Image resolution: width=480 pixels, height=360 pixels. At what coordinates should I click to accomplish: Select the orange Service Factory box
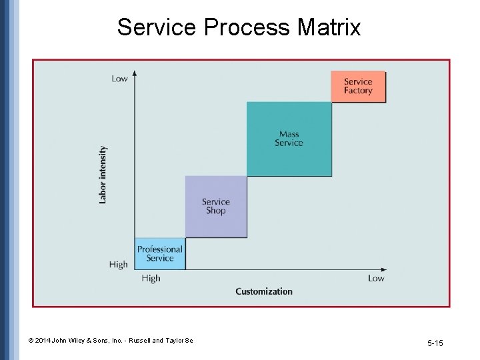358,86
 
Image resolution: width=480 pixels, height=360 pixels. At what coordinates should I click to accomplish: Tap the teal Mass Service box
289,139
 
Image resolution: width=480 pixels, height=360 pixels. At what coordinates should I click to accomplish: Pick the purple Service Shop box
215,206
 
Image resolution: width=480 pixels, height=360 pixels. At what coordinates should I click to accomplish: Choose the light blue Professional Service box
159,254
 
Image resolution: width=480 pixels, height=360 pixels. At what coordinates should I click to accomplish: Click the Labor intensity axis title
103,175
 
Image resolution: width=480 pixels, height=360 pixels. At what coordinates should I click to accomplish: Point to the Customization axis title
264,291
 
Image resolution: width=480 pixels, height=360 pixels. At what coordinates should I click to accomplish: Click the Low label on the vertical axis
119,79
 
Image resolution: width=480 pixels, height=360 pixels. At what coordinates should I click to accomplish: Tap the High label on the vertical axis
118,265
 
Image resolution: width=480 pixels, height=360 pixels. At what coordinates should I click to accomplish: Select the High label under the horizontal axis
151,279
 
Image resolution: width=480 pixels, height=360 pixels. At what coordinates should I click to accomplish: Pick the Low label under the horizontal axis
376,279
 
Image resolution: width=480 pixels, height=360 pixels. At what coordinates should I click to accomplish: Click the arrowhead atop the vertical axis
135,73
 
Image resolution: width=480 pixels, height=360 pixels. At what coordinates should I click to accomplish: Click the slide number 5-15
435,343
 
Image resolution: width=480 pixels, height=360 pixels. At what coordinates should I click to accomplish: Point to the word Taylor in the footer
171,341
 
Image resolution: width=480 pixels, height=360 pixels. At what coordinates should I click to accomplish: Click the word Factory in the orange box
358,91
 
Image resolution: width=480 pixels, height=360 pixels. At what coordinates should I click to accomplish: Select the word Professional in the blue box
159,249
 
